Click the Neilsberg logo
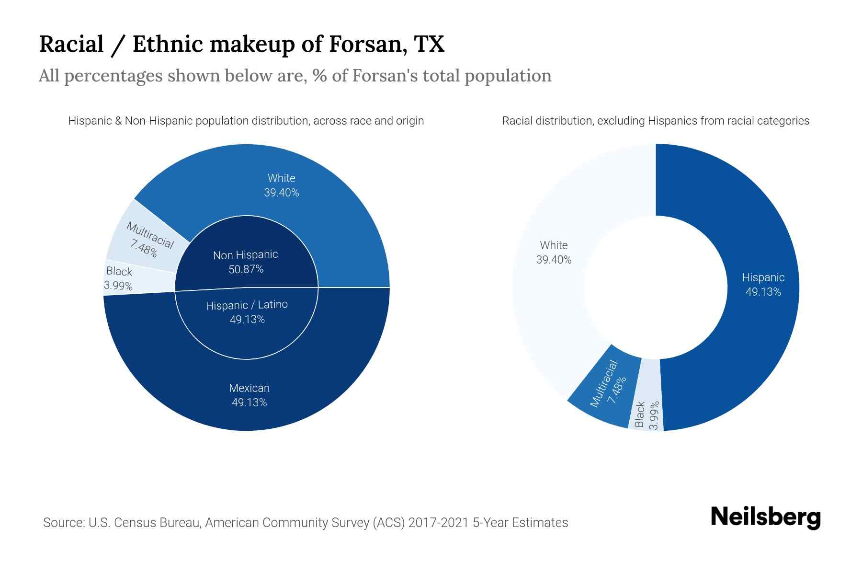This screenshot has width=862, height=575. click(x=765, y=517)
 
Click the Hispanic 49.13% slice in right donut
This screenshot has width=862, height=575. click(x=763, y=285)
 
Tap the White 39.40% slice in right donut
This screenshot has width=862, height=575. click(x=554, y=253)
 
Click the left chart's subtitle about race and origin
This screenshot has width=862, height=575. click(x=246, y=121)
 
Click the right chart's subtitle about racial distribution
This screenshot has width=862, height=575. click(x=655, y=121)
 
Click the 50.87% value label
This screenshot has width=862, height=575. click(x=246, y=269)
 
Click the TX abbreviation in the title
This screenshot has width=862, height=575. click(x=430, y=44)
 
